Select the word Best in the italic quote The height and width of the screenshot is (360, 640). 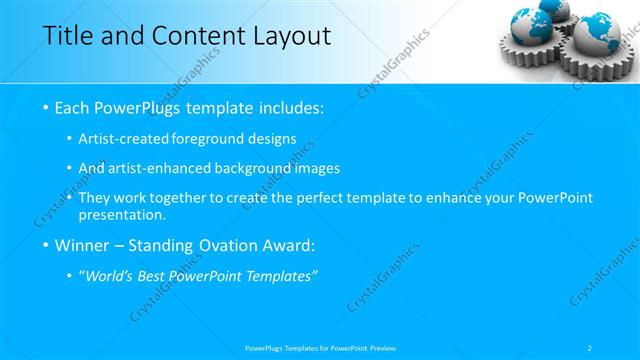(x=163, y=277)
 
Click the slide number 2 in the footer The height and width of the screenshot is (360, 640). (x=591, y=347)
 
